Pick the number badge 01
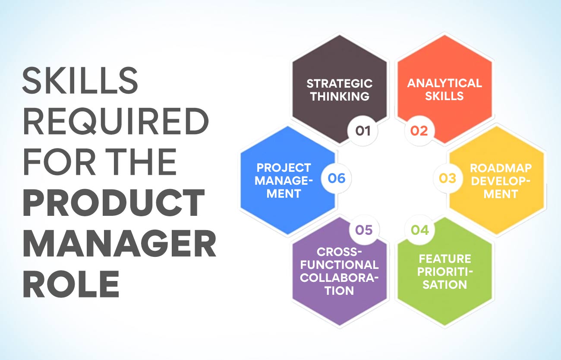pos(363,130)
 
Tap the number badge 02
pos(419,130)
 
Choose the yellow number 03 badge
pos(448,178)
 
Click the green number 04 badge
pos(419,230)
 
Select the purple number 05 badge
pos(363,230)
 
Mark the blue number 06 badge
pos(337,178)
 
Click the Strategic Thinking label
pos(340,89)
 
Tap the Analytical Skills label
pos(444,89)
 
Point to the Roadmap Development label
pos(500,181)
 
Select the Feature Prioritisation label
pos(444,272)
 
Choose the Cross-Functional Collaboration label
pos(339,271)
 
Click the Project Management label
pos(283,180)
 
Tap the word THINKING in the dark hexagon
pos(340,96)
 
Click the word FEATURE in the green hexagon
pos(444,259)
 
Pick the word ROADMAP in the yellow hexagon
pos(500,167)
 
